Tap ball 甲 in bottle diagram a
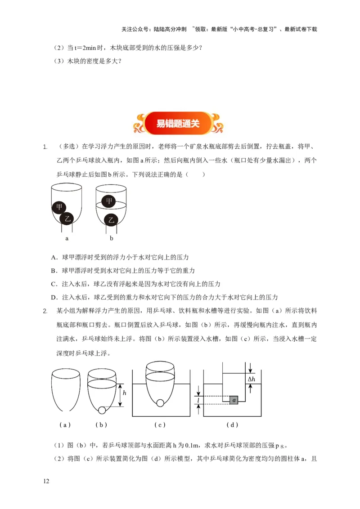[x=59, y=207]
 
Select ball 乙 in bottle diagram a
[x=68, y=219]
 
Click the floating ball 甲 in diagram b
[x=108, y=201]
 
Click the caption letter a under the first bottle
[x=67, y=238]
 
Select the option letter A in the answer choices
[x=54, y=258]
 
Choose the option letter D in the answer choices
[x=54, y=297]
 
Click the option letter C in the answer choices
[x=54, y=284]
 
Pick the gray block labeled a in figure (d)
[x=233, y=400]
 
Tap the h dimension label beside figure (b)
[x=124, y=393]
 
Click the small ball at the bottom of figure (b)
[x=102, y=410]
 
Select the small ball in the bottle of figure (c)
[x=160, y=403]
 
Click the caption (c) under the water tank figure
[x=160, y=425]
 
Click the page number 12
[x=46, y=482]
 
